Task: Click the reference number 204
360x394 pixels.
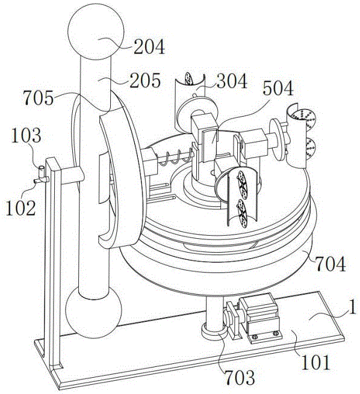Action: tap(149, 47)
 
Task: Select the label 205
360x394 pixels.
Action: tap(145, 80)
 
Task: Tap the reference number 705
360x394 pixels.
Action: tap(38, 97)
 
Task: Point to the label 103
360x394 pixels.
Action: tap(26, 135)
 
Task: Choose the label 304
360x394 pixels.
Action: tap(232, 81)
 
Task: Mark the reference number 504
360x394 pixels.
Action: tap(278, 88)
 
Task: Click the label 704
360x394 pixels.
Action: tap(331, 264)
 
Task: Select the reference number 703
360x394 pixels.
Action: tap(240, 377)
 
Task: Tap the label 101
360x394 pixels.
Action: tap(315, 362)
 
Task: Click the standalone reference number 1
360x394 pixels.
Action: tap(352, 307)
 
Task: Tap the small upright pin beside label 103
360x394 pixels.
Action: tap(41, 172)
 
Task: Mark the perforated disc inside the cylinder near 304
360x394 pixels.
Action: tap(188, 79)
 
